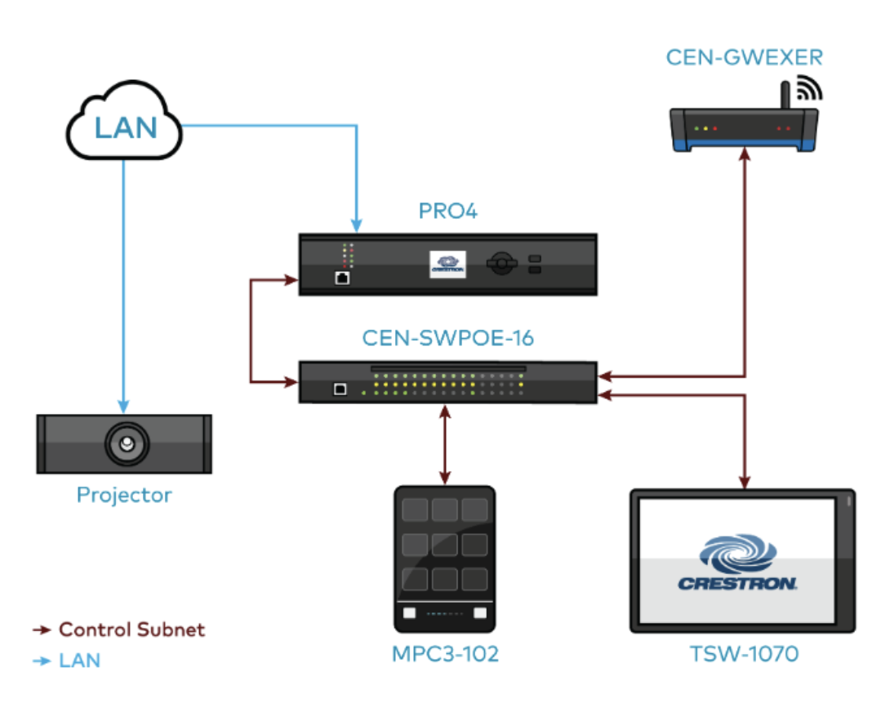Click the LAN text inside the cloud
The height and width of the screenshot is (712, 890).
click(126, 127)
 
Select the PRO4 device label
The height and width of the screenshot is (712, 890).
click(447, 211)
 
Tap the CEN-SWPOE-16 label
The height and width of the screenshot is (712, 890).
click(448, 338)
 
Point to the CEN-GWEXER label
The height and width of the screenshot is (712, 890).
click(744, 57)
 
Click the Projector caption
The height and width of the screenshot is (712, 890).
click(124, 495)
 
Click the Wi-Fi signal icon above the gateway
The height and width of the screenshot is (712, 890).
click(808, 89)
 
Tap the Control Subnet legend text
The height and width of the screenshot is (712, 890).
click(131, 630)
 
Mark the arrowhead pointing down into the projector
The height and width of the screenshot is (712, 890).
click(124, 406)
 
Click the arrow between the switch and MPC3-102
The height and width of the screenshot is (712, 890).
click(444, 445)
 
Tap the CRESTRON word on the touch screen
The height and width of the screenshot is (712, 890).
click(737, 583)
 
